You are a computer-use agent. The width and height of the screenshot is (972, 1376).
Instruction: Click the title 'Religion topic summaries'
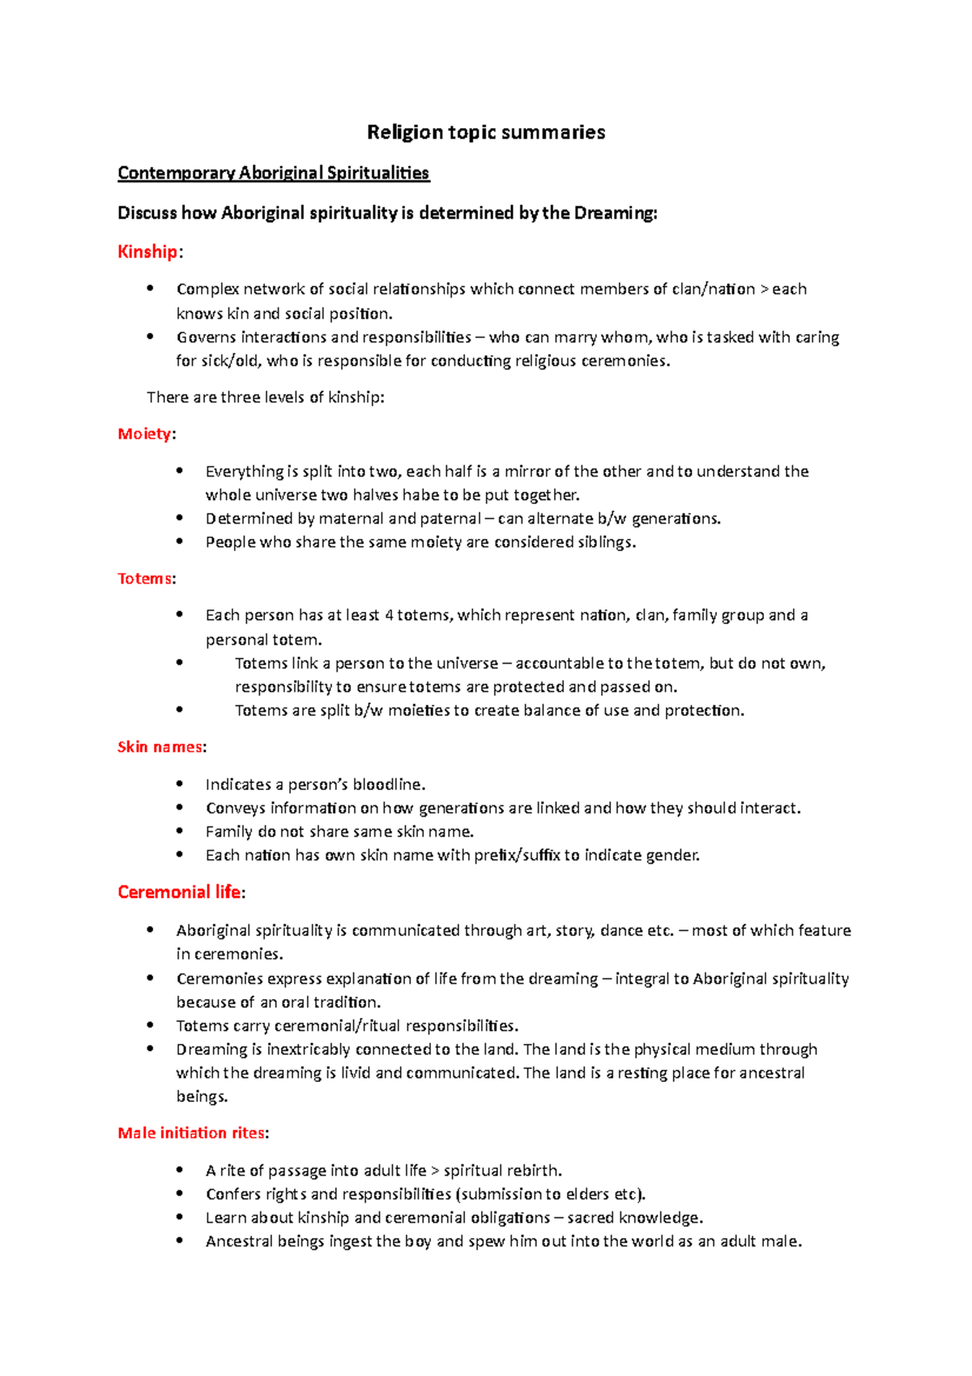(486, 132)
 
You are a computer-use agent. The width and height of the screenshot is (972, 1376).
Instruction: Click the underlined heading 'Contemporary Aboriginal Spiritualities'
(273, 173)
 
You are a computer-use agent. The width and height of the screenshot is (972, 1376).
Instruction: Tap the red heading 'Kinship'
(147, 252)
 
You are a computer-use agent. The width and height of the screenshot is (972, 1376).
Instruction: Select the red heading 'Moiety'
(144, 434)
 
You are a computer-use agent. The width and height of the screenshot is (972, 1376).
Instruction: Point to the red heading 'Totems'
(144, 579)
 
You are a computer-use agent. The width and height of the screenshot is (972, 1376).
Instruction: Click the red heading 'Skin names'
(160, 747)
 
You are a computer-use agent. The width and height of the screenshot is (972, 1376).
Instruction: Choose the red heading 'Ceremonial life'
(179, 892)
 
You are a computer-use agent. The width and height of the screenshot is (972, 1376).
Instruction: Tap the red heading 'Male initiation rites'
(191, 1133)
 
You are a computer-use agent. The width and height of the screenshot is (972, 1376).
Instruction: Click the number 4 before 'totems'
(389, 616)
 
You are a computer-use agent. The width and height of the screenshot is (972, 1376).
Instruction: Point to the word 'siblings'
(605, 542)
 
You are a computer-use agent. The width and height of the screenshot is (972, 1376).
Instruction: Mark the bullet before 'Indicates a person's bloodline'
(180, 784)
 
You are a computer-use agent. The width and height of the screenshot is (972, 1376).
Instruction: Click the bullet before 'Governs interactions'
(150, 336)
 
